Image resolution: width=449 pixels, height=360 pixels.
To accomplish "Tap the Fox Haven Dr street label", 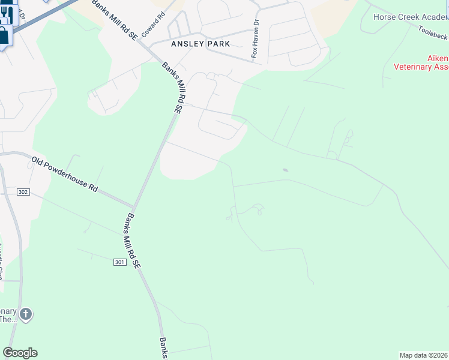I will (x=256, y=40).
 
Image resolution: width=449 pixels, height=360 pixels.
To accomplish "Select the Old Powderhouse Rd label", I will (x=65, y=174).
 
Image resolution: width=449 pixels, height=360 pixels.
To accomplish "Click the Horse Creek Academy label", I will (x=411, y=17).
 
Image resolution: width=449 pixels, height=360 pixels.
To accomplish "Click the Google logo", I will (x=20, y=353).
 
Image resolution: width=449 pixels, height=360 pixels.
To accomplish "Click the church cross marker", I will (x=26, y=314).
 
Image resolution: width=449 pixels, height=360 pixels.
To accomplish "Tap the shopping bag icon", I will (x=4, y=36).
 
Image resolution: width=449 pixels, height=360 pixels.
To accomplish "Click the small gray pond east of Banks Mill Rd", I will (x=285, y=170).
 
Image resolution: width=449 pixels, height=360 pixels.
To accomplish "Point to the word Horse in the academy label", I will (x=385, y=17).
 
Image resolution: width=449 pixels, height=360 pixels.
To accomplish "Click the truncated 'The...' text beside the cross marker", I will (x=8, y=319).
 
